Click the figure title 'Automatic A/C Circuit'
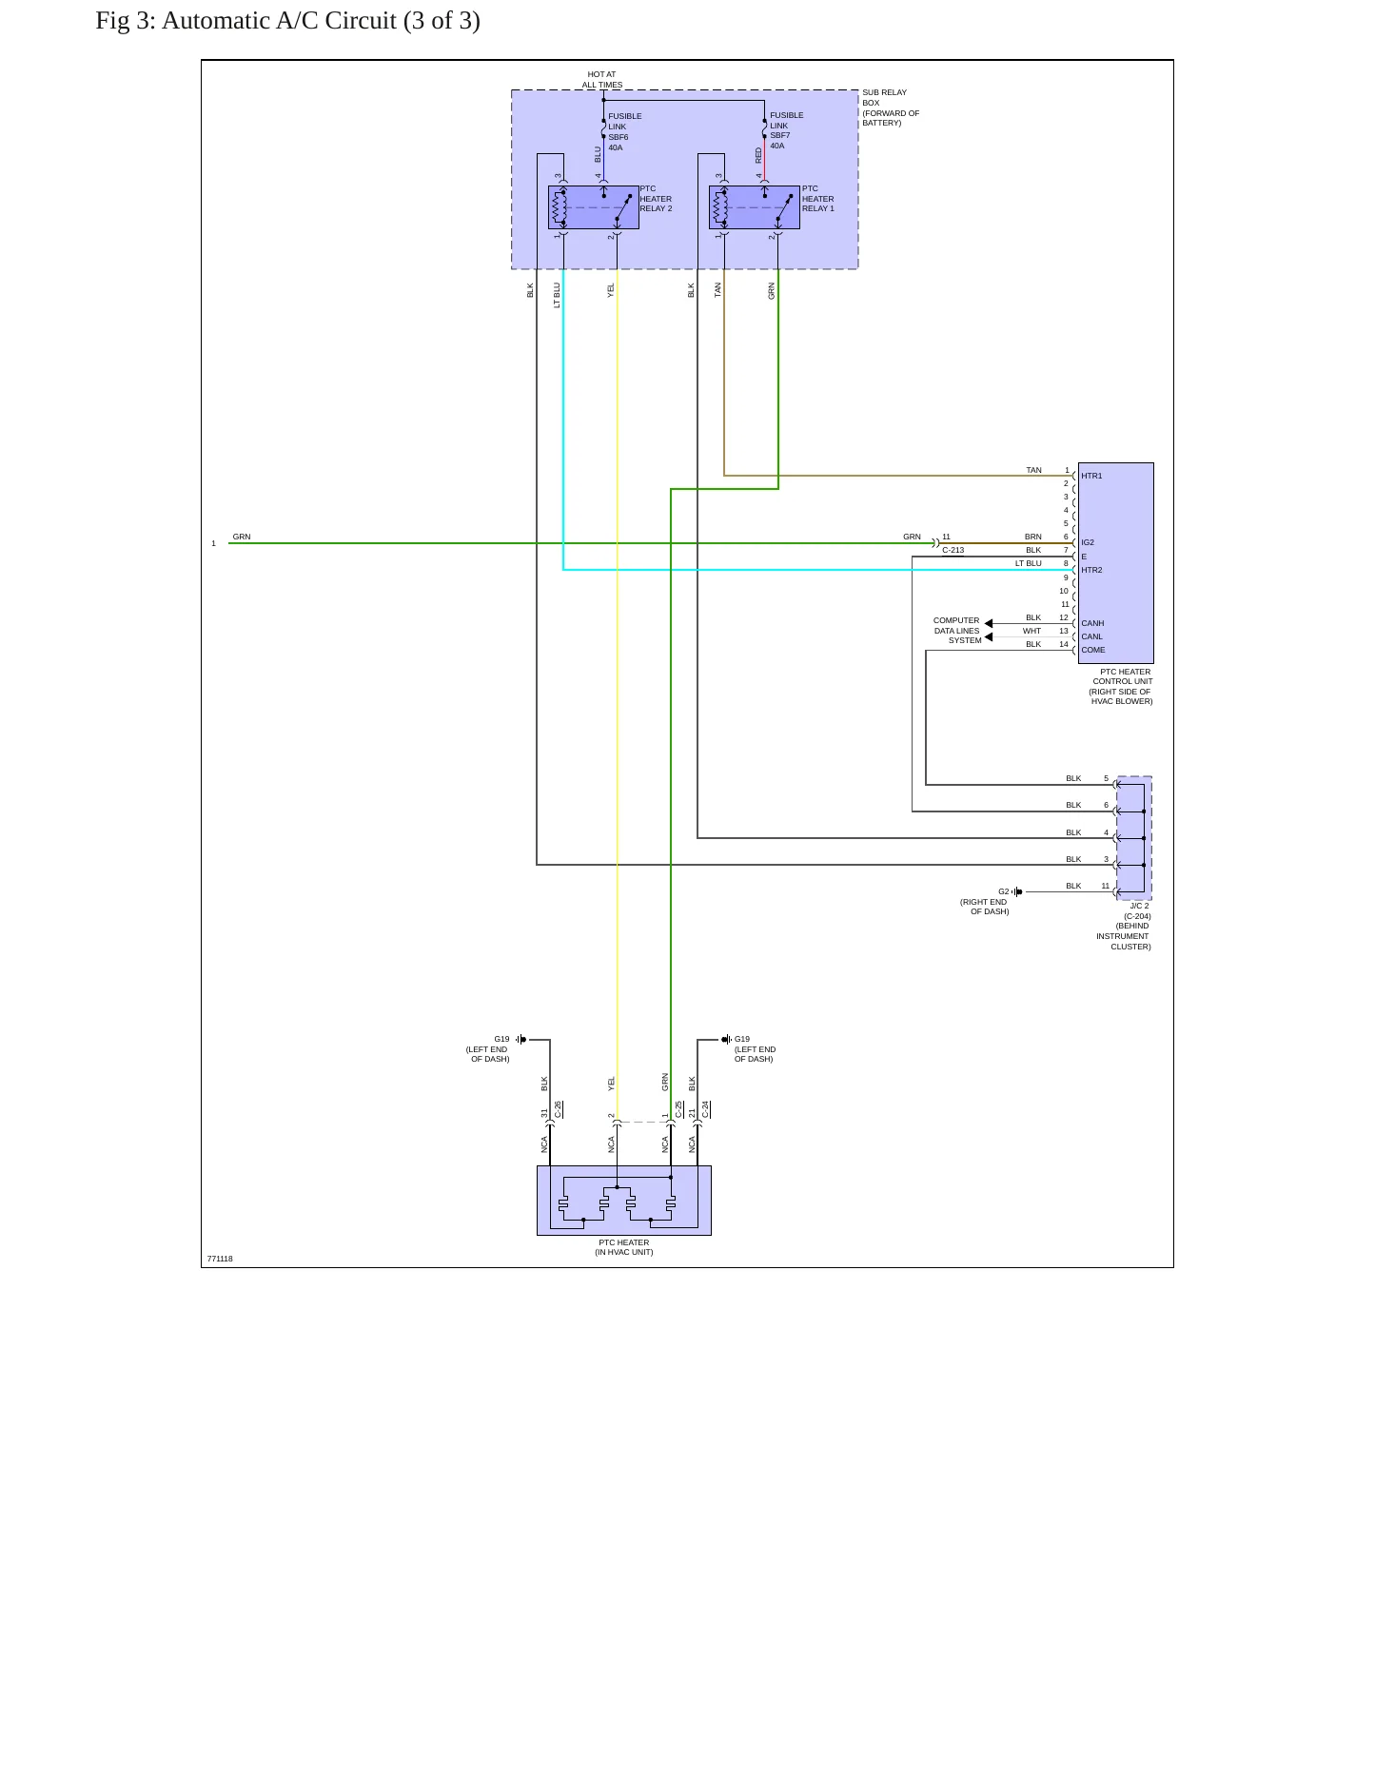pos(279,21)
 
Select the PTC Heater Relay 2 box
pos(593,207)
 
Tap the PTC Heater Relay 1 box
pos(754,207)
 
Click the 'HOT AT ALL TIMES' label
pos(602,79)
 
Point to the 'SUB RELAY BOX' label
pos(884,97)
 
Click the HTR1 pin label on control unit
pos(1091,476)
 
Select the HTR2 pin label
pos(1091,570)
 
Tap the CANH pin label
pos(1092,623)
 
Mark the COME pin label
pos(1093,650)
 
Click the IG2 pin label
pos(1088,542)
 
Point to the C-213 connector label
pos(953,550)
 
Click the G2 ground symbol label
pos(1003,891)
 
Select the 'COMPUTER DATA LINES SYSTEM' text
pos(956,631)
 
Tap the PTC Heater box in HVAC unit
pos(624,1201)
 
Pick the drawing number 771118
pos(220,1259)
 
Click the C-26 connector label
pos(558,1109)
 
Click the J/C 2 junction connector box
pos(1133,838)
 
